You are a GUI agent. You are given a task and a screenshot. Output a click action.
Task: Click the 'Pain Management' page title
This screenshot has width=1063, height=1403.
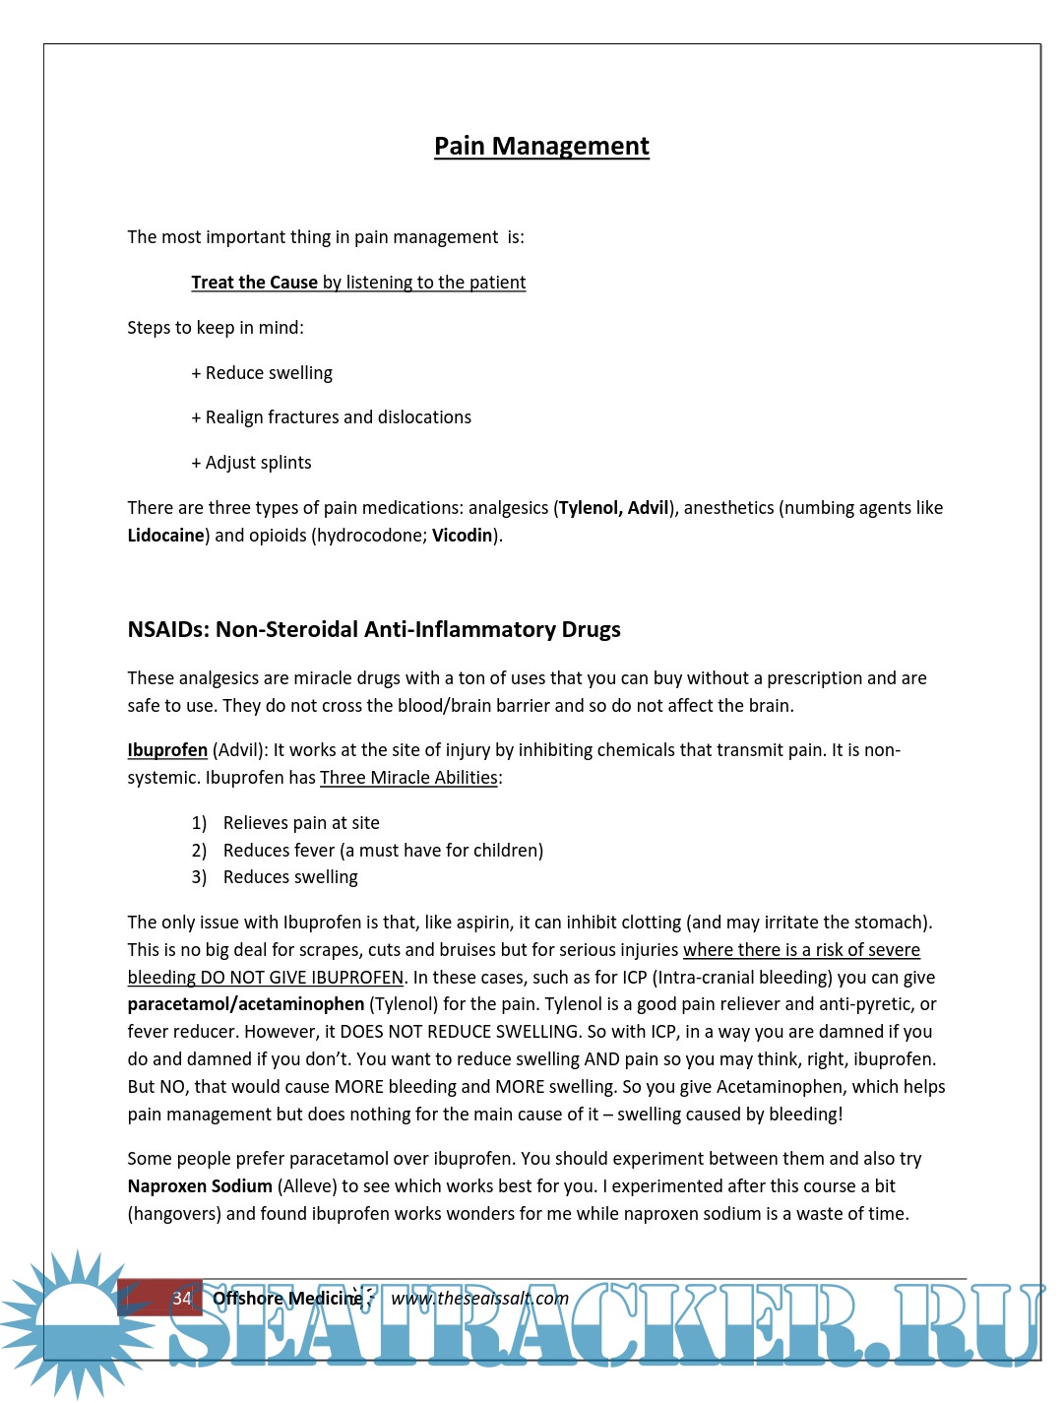541,147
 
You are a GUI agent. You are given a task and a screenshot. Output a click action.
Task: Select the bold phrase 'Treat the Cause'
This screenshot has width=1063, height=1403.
254,283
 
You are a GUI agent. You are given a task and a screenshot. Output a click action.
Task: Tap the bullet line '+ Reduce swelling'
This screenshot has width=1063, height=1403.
262,373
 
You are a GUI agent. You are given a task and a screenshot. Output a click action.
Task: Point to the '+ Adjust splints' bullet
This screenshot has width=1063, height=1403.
251,463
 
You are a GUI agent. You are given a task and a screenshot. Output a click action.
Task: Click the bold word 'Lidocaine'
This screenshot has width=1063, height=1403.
165,536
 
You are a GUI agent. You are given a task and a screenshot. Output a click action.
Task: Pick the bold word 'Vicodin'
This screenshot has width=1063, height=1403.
462,536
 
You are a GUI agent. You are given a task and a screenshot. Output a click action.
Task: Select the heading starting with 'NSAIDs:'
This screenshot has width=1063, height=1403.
374,629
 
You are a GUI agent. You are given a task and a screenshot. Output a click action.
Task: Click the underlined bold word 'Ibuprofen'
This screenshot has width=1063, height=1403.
167,750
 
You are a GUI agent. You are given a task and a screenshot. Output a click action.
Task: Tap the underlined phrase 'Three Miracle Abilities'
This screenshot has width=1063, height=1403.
408,778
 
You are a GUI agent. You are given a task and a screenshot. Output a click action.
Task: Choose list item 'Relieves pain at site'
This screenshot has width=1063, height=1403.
301,823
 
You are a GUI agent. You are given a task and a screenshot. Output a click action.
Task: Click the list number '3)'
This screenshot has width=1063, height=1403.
199,877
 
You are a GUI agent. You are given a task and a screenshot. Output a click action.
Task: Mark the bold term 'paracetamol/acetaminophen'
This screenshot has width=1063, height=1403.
246,1004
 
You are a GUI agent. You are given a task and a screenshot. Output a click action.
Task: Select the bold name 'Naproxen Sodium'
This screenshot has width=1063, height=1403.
200,1186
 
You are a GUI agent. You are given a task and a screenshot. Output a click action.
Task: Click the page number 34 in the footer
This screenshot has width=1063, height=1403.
182,1299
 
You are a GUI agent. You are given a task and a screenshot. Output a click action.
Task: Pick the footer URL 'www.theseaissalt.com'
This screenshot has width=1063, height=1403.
479,1299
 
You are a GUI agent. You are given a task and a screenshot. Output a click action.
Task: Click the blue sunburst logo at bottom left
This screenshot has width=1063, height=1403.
77,1319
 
